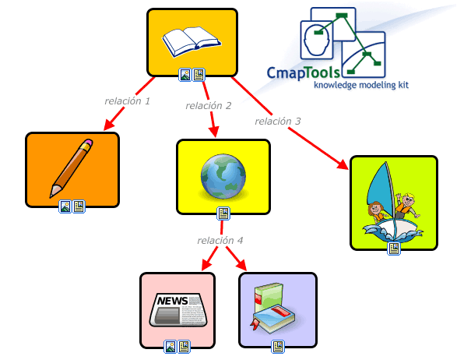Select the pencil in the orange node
(x=71, y=168)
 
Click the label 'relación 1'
(x=127, y=101)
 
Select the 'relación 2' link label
(x=208, y=105)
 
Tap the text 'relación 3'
(x=277, y=121)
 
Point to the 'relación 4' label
(x=220, y=240)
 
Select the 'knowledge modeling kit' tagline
(x=360, y=84)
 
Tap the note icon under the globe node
(x=223, y=213)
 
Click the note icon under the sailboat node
(x=394, y=249)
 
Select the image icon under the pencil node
(x=65, y=206)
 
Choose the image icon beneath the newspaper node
(x=170, y=346)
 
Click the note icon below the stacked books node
(x=277, y=346)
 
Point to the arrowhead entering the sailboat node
(x=345, y=166)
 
